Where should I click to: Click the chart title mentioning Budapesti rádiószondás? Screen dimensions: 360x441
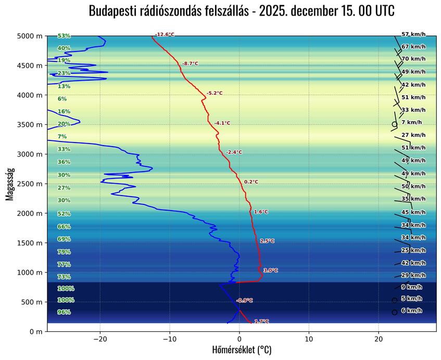[x=242, y=11]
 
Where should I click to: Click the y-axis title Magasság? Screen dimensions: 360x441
[x=9, y=184]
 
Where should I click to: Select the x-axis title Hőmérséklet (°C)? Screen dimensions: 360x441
[x=242, y=350]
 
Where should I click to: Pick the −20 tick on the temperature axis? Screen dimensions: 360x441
[x=100, y=339]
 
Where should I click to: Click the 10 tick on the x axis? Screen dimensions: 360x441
[x=309, y=339]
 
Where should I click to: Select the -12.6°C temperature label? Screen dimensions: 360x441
[x=165, y=35]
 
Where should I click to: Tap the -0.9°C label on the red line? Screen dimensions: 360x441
[x=244, y=301]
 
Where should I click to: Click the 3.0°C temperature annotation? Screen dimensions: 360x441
[x=271, y=271]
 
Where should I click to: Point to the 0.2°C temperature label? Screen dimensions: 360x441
[x=251, y=182]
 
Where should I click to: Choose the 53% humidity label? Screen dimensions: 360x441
[x=64, y=36]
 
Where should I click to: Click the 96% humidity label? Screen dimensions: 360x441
[x=64, y=312]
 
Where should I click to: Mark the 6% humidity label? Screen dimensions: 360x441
[x=62, y=99]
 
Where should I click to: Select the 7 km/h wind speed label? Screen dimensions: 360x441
[x=411, y=122]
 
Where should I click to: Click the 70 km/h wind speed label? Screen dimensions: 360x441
[x=413, y=59]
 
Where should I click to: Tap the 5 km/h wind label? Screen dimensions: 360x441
[x=411, y=298]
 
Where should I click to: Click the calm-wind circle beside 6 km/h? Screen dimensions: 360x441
[x=394, y=312]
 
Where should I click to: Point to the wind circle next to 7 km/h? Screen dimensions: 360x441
[x=394, y=124]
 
